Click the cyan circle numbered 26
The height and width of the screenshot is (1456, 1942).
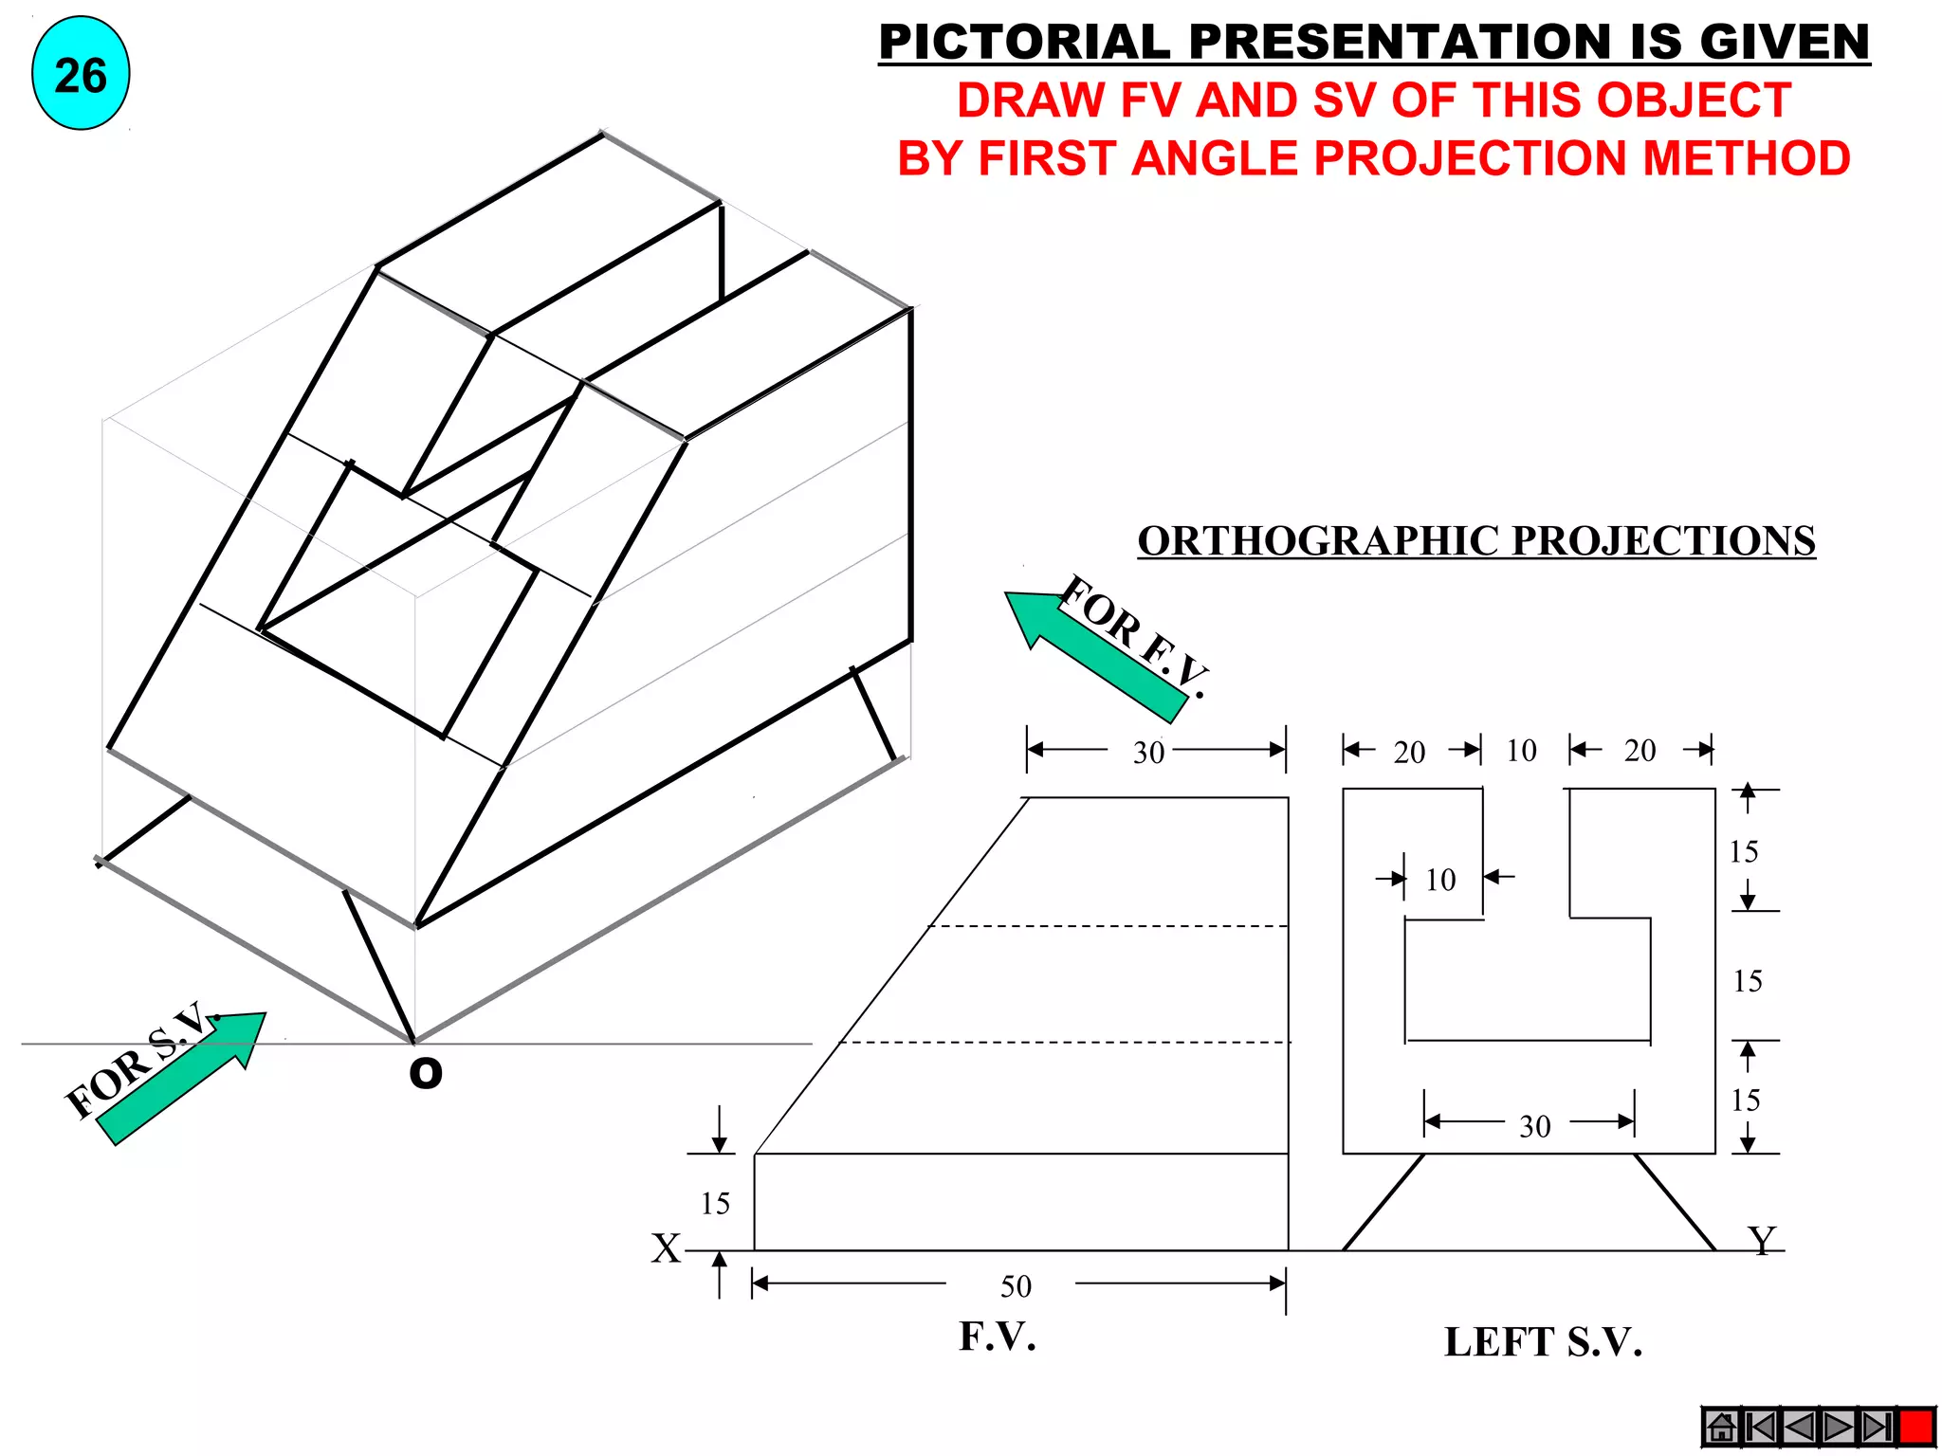point(81,74)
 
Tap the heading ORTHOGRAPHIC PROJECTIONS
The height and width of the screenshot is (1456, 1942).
point(1475,541)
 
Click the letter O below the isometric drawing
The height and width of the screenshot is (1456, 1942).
point(425,1073)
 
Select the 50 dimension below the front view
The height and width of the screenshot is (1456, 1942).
point(1016,1286)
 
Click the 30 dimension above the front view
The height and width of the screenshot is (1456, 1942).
point(1148,753)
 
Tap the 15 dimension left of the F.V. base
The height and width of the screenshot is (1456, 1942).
point(715,1204)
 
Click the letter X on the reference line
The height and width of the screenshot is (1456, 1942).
point(666,1248)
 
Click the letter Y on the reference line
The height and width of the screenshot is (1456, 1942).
point(1761,1240)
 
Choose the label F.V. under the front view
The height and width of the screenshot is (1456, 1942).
point(998,1337)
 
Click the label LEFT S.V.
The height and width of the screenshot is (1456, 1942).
point(1543,1342)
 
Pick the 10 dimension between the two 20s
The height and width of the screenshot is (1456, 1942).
point(1521,751)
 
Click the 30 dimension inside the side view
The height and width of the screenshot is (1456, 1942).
point(1534,1126)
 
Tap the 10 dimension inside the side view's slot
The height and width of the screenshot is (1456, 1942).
point(1440,880)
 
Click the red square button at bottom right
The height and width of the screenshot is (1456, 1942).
point(1916,1427)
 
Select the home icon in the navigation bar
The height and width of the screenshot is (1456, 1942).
point(1721,1427)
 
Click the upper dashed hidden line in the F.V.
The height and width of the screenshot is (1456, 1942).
point(1109,926)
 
